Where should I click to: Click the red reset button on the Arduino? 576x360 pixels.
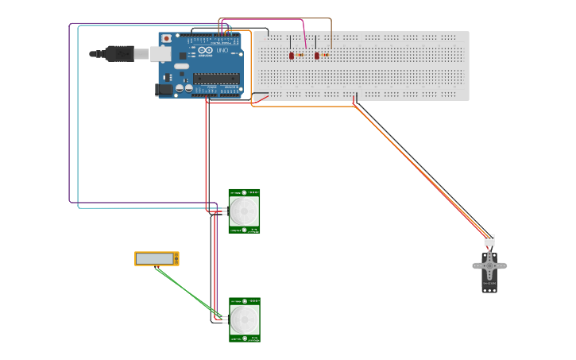(166, 38)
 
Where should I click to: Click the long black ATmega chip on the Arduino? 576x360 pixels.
(216, 77)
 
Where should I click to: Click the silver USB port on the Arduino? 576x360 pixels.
(161, 53)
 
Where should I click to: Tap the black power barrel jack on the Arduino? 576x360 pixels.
(164, 90)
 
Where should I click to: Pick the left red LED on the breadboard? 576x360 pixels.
(292, 56)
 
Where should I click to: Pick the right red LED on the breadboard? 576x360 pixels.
(317, 56)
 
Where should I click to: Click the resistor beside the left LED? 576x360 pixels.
(300, 55)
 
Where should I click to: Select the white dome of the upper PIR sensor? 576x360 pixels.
(244, 211)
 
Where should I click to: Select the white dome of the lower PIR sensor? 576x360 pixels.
(245, 320)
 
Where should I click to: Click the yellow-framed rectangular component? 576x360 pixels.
(156, 258)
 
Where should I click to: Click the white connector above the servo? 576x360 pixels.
(489, 240)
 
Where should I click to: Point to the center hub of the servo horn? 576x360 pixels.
(489, 265)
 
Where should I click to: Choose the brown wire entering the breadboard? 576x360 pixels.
(331, 32)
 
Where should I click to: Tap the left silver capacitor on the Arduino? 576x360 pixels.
(180, 88)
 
